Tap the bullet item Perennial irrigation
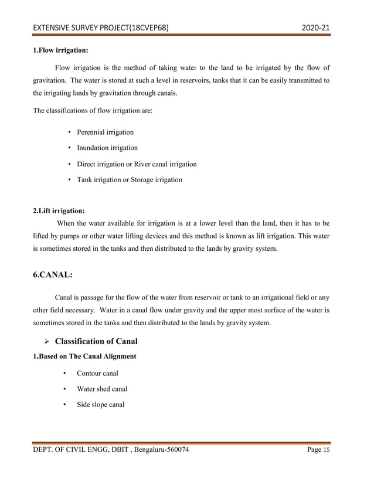click(x=105, y=132)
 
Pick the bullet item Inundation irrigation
click(x=107, y=148)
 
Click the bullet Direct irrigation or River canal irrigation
click(x=137, y=164)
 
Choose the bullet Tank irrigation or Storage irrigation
click(x=129, y=180)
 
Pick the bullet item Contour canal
click(x=97, y=373)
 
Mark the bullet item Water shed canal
click(x=102, y=389)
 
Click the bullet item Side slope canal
click(x=100, y=405)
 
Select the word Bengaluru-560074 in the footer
click(x=158, y=449)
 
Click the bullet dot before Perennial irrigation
click(x=70, y=132)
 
